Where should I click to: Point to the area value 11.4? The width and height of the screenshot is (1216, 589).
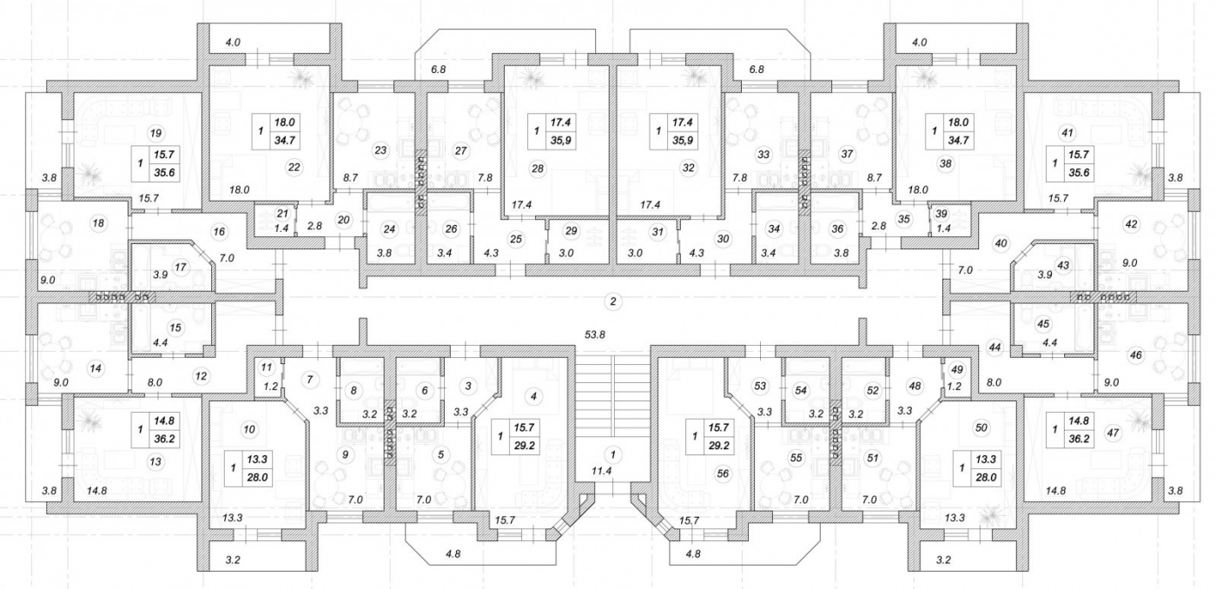click(x=612, y=472)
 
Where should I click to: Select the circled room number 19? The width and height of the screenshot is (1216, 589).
click(x=155, y=133)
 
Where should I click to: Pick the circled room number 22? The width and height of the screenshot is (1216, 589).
click(x=294, y=166)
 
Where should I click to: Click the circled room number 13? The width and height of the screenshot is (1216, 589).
click(x=155, y=462)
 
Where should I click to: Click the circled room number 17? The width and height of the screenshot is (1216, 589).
click(x=181, y=267)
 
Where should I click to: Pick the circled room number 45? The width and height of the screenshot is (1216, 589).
click(x=1044, y=324)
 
